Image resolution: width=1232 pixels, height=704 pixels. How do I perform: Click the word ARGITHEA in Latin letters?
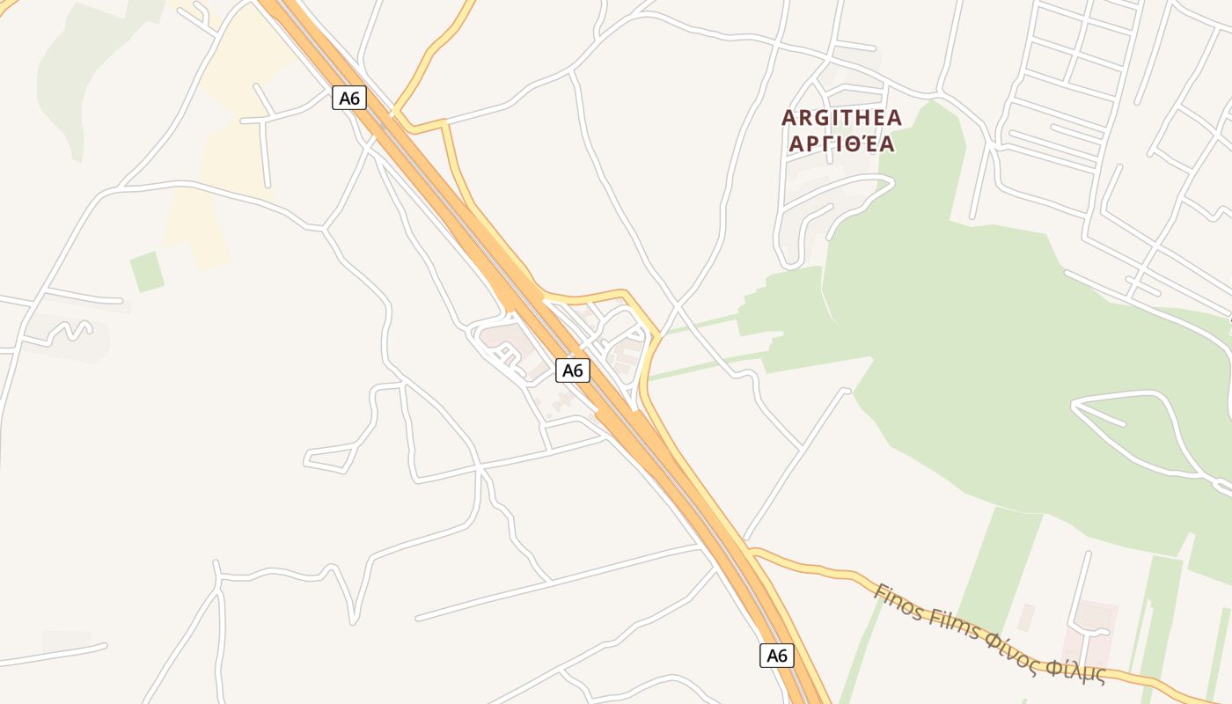pyautogui.click(x=842, y=117)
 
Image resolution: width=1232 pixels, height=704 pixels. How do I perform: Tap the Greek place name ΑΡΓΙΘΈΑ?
pyautogui.click(x=842, y=143)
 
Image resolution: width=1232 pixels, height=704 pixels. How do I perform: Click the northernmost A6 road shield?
pyautogui.click(x=349, y=98)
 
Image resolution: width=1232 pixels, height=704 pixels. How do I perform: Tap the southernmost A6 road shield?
pyautogui.click(x=776, y=655)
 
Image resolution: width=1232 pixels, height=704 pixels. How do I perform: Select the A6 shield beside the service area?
pyautogui.click(x=573, y=370)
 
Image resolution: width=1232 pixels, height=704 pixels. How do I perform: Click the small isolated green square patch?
pyautogui.click(x=147, y=272)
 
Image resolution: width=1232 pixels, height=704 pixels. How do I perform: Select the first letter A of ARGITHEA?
pyautogui.click(x=788, y=117)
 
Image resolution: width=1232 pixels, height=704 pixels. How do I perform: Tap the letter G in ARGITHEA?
pyautogui.click(x=822, y=117)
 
